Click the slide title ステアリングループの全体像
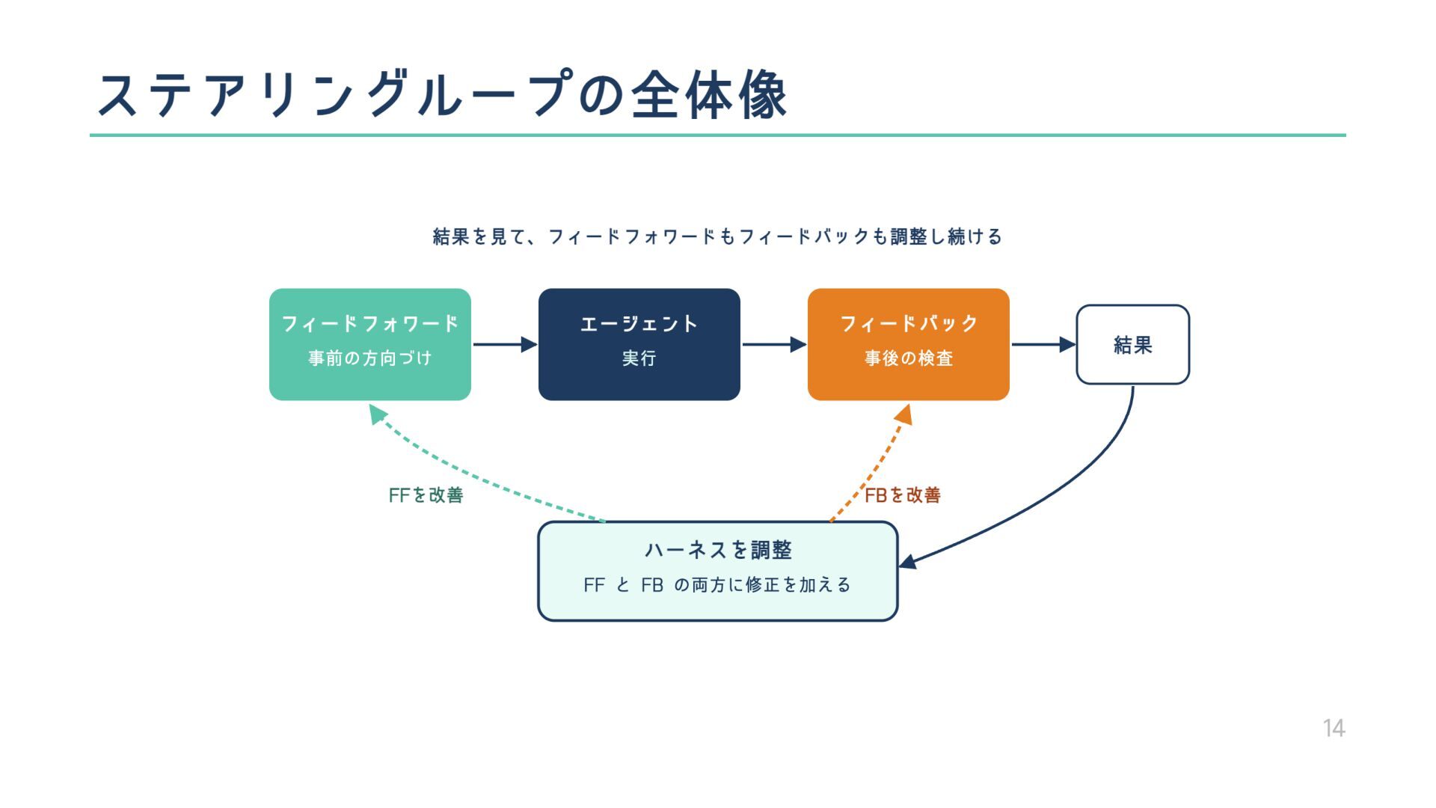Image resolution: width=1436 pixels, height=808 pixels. [x=441, y=95]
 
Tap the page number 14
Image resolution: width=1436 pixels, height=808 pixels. [x=1334, y=728]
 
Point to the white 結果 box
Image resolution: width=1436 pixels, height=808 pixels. [x=1132, y=345]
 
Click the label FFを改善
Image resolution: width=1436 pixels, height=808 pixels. [x=426, y=495]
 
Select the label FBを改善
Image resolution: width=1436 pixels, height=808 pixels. [x=903, y=495]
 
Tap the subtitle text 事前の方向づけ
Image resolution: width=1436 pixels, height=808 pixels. [x=369, y=358]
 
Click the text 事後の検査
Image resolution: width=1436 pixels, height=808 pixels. [x=908, y=358]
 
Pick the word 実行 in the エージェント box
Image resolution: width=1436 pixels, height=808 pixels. [x=639, y=358]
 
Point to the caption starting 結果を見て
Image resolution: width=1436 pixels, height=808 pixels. [x=717, y=236]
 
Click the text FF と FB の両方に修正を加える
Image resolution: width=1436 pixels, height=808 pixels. [x=717, y=585]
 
